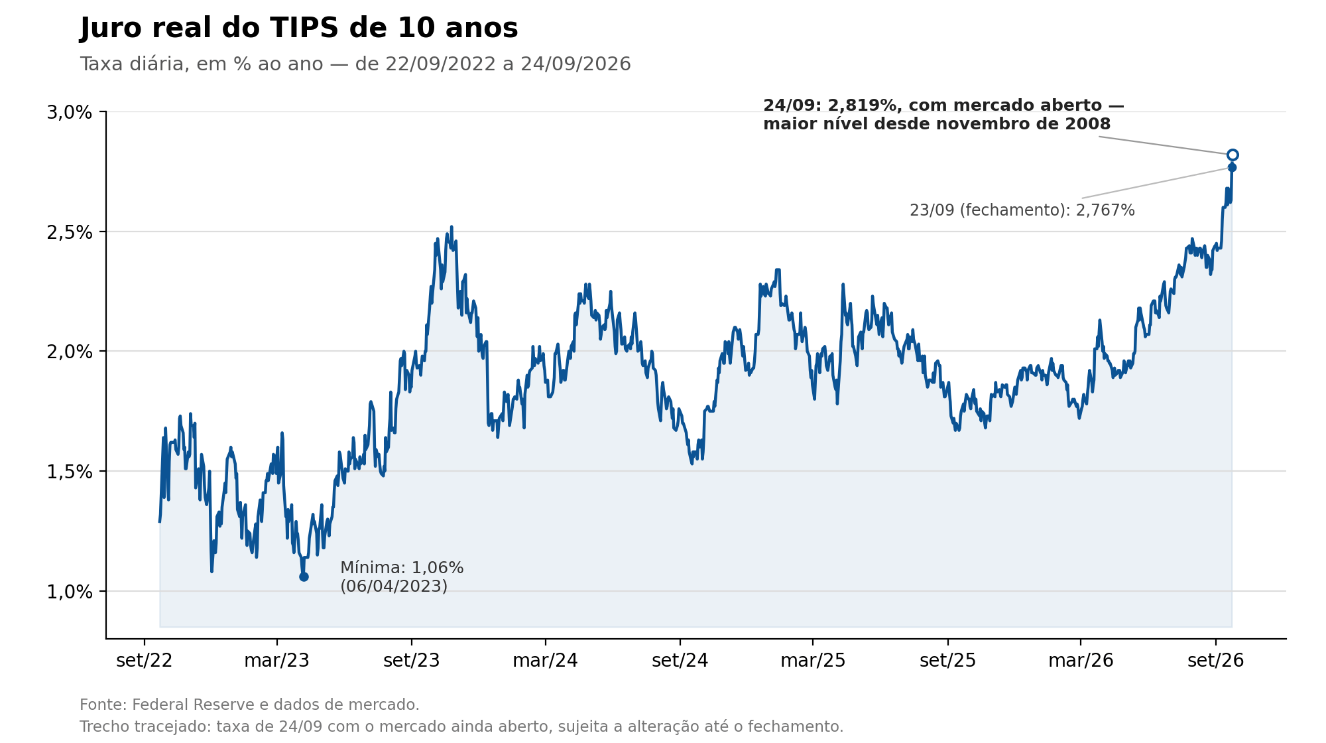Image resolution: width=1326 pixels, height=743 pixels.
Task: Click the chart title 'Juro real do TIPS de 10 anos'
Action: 299,29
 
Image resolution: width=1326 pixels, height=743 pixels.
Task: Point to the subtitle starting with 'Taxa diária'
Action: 355,64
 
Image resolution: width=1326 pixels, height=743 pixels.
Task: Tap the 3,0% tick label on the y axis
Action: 69,113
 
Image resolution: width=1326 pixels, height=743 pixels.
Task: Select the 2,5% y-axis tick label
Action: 69,232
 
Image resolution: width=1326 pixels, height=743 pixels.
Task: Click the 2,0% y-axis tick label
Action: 69,352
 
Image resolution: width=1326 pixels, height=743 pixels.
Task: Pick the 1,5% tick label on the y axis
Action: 69,472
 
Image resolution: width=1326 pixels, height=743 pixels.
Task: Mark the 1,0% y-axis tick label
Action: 69,592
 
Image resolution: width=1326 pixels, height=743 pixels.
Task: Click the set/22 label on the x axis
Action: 145,661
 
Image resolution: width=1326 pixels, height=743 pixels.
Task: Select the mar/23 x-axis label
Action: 277,661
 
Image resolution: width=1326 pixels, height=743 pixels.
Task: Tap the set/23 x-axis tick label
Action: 412,661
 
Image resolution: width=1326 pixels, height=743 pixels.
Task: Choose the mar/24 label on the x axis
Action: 546,661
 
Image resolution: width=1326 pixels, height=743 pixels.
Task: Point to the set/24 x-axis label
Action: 680,661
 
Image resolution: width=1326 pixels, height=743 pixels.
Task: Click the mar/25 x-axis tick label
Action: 813,661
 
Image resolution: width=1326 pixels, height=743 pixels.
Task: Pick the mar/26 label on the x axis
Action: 1081,661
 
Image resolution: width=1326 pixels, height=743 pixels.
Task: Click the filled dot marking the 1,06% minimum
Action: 304,577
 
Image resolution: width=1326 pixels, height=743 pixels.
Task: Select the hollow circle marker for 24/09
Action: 1233,155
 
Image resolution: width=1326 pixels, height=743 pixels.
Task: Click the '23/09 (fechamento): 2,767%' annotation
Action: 1022,210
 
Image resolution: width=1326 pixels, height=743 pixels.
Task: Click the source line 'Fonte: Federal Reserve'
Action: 249,705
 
